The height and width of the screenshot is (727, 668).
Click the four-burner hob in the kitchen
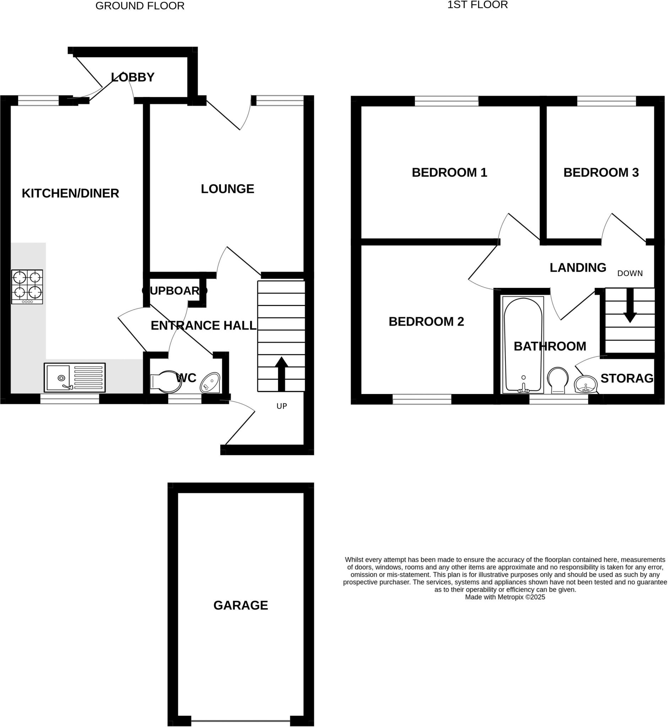pos(27,286)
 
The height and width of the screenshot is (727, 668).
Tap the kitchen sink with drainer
pos(75,378)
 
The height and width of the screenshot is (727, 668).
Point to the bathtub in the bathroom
pos(523,345)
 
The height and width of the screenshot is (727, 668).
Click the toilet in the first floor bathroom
pos(557,381)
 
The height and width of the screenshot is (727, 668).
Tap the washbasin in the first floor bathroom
pos(586,384)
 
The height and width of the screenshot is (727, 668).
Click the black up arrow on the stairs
pos(281,374)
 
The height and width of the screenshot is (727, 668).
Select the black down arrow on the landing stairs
pos(630,306)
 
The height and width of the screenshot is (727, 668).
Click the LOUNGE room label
pos(227,188)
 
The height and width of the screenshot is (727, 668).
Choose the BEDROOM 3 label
pos(601,173)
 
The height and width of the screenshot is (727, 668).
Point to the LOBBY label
pos(133,77)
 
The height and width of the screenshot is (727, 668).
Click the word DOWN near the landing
pos(630,274)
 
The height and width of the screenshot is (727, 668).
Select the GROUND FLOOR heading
pos(140,6)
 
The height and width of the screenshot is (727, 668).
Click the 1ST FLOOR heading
pos(478,5)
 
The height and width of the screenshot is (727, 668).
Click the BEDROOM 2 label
pos(426,321)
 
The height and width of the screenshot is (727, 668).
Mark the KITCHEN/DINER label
pos(70,193)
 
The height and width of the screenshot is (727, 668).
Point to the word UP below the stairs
pos(282,406)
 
